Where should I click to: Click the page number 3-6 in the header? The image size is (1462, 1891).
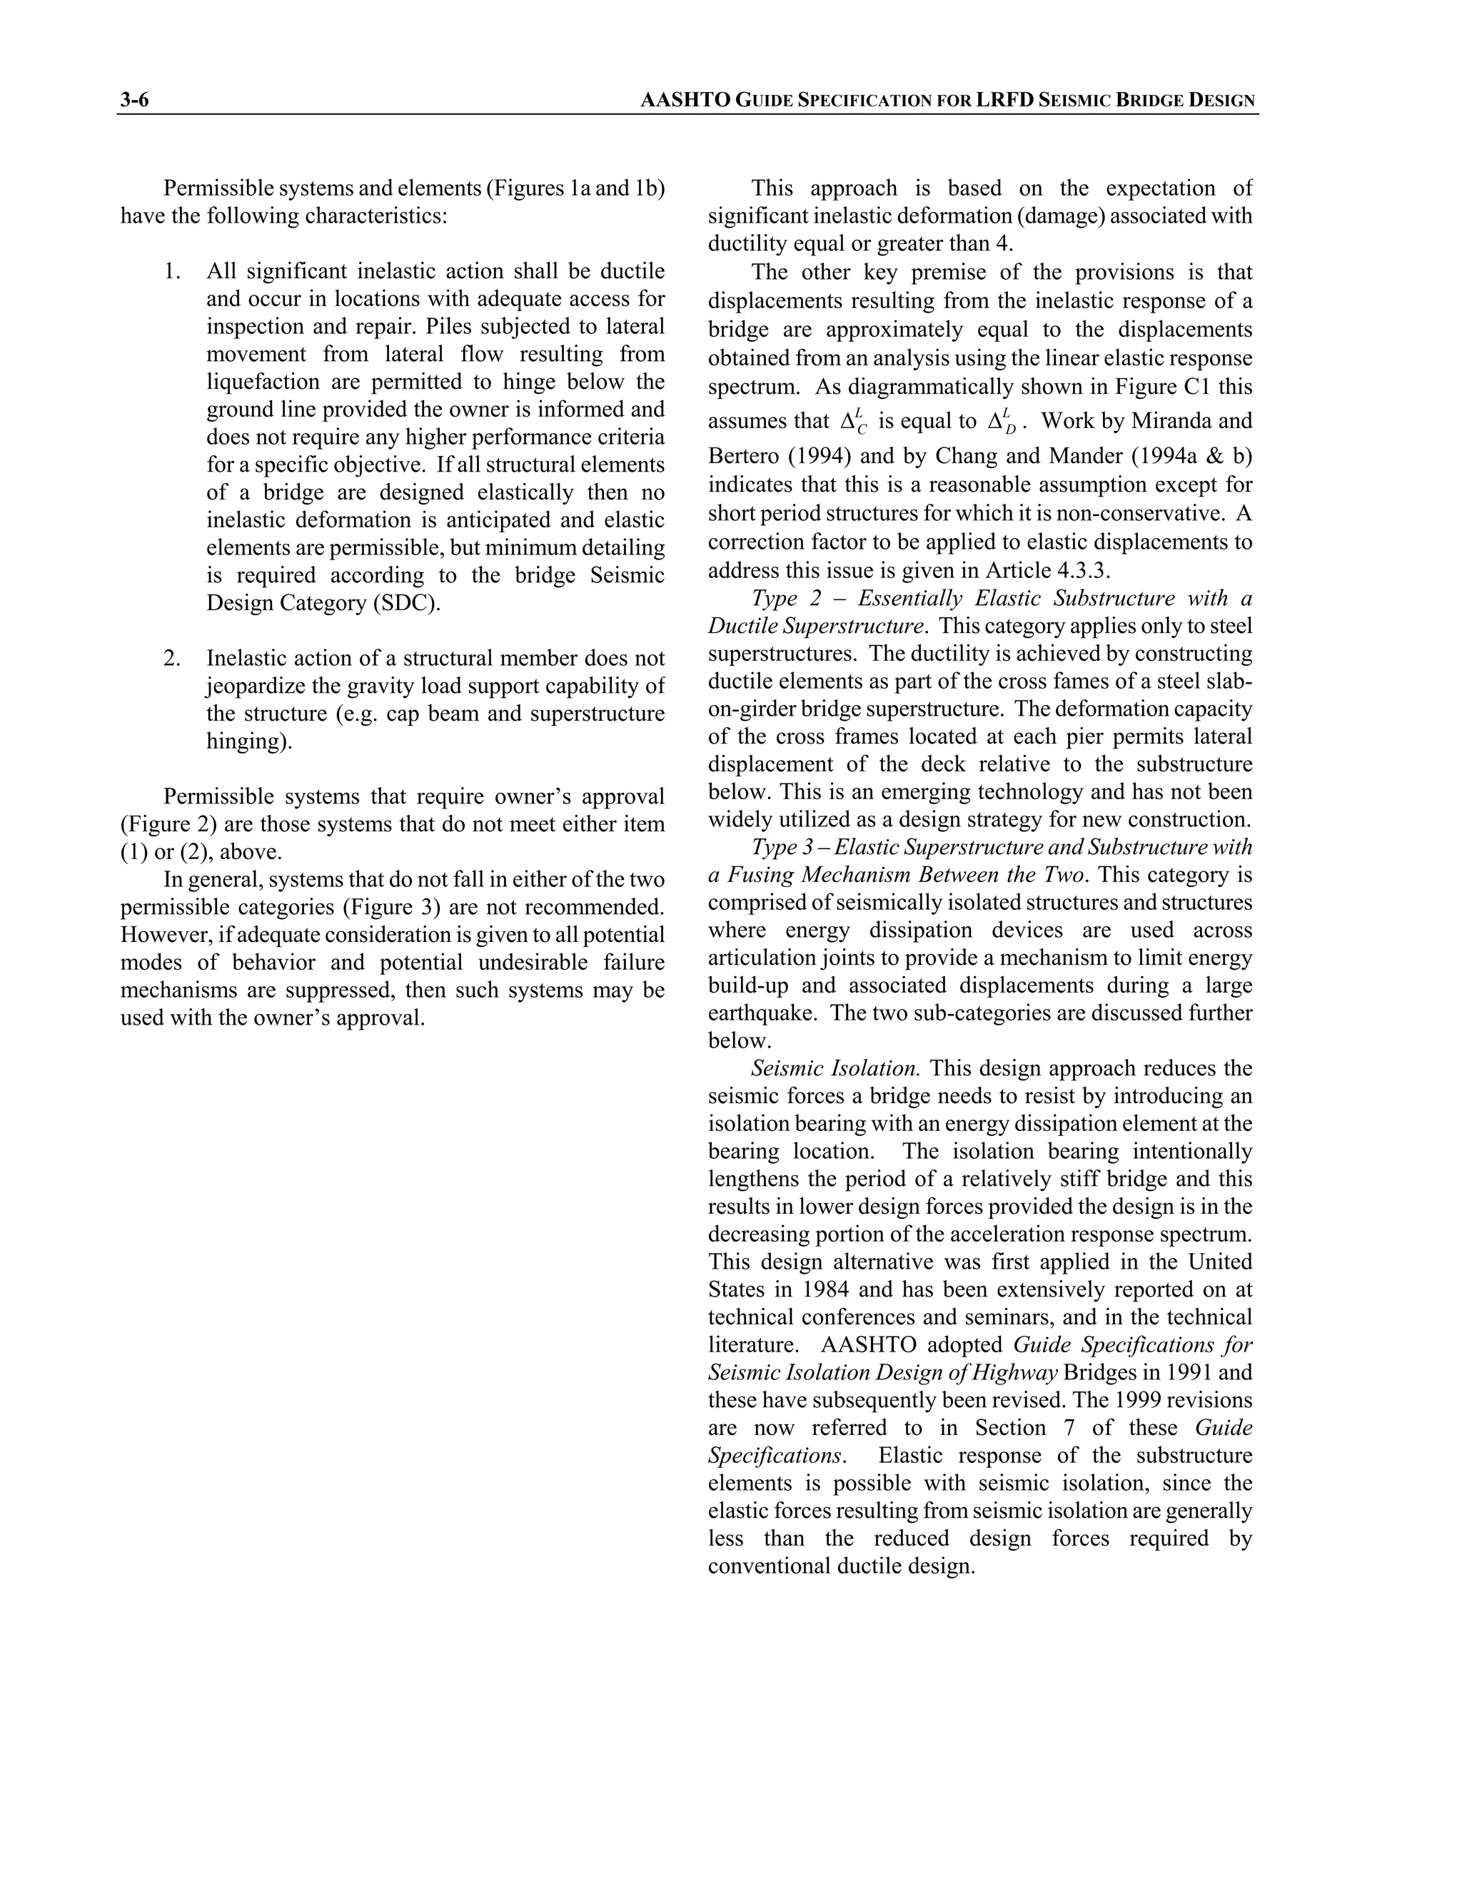coord(134,101)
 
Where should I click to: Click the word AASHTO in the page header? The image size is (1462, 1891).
coord(685,101)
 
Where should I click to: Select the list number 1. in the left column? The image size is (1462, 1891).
coord(172,271)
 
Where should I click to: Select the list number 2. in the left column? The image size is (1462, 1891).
coord(172,658)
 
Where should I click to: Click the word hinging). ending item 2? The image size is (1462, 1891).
coord(248,741)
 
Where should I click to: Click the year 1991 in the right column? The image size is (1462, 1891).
coord(1177,1372)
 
